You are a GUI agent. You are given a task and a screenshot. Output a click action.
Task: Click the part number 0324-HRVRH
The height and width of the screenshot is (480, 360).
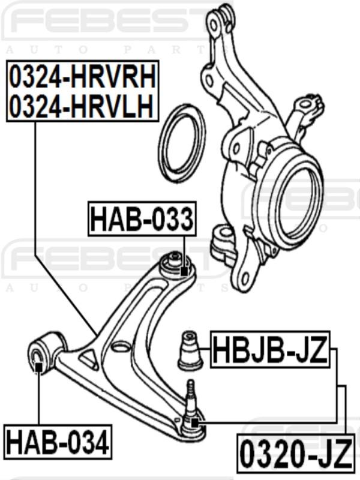pyautogui.click(x=83, y=77)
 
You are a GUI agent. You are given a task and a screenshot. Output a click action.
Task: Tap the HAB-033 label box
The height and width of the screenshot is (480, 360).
pyautogui.click(x=142, y=219)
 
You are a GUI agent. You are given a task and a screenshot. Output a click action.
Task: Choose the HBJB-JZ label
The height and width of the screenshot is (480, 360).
pyautogui.click(x=271, y=351)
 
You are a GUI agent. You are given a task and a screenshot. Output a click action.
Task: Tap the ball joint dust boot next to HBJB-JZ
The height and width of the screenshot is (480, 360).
pyautogui.click(x=190, y=351)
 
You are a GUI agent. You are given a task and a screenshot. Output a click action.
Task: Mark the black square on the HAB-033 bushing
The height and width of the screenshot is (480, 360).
pyautogui.click(x=184, y=271)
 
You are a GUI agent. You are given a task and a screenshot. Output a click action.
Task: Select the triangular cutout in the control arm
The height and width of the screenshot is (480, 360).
pyautogui.click(x=89, y=359)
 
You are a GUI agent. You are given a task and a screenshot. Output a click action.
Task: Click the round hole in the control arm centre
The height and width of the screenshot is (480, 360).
pyautogui.click(x=122, y=346)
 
